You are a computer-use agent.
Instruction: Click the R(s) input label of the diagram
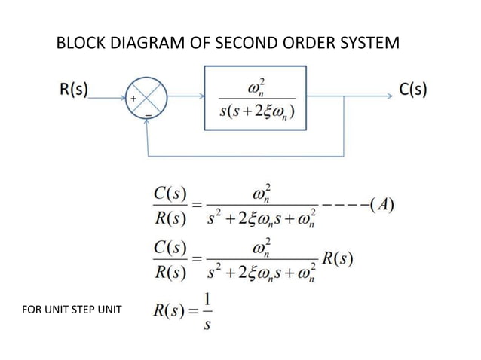click(73, 90)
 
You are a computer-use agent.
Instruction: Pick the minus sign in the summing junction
click(149, 115)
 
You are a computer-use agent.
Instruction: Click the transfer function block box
click(256, 97)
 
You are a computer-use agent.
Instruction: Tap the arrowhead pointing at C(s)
click(390, 96)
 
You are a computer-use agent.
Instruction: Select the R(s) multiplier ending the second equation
click(338, 259)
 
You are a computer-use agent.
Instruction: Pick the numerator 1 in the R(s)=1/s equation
click(206, 299)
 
